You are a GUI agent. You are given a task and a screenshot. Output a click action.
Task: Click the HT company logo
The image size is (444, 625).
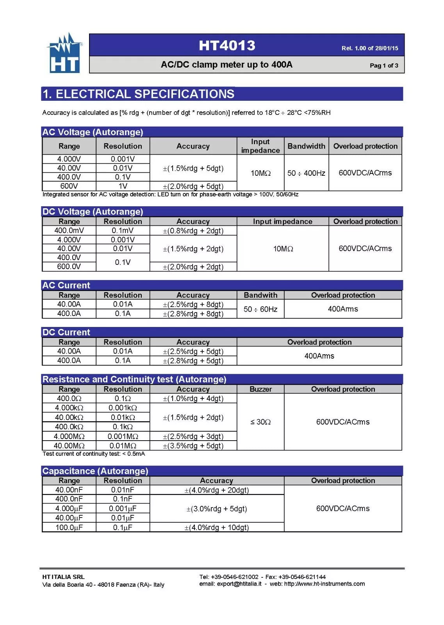click(x=65, y=54)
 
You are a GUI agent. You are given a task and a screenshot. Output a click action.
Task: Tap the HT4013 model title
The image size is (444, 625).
click(x=227, y=46)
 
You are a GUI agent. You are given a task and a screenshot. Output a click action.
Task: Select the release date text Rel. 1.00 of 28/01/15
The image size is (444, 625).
click(x=369, y=48)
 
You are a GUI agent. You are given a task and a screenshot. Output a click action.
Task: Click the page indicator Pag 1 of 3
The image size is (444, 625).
click(x=384, y=66)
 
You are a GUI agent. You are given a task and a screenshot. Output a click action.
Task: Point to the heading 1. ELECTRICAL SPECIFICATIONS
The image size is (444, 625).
click(x=139, y=94)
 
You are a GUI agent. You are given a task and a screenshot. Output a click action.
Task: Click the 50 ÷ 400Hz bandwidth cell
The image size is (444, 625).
click(x=306, y=173)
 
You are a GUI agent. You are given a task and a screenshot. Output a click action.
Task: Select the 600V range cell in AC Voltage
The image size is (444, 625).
click(x=69, y=186)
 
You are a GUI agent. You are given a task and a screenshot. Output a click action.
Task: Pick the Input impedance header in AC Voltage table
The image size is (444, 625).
click(x=260, y=146)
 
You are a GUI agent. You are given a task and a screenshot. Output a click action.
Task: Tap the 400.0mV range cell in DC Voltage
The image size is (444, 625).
click(x=69, y=230)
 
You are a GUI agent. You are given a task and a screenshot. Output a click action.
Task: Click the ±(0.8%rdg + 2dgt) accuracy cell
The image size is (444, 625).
click(x=193, y=231)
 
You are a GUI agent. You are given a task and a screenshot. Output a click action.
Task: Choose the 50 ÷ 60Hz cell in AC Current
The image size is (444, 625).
click(x=260, y=309)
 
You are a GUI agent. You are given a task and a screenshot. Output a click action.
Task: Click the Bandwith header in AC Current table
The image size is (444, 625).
click(x=260, y=295)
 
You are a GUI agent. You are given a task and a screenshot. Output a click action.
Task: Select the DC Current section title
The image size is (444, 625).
click(x=66, y=332)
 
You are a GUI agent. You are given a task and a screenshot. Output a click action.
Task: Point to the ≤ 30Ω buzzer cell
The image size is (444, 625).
click(x=260, y=422)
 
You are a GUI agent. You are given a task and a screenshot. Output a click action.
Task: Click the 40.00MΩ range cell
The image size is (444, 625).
click(x=69, y=446)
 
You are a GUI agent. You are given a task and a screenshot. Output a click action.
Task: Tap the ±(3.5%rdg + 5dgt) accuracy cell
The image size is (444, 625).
click(x=193, y=446)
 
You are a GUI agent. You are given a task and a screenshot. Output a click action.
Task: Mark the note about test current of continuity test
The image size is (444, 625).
click(x=94, y=454)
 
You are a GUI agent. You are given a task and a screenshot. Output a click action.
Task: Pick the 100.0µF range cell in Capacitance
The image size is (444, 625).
click(x=69, y=527)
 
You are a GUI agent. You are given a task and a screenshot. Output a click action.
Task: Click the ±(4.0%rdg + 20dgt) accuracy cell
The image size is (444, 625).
click(x=216, y=490)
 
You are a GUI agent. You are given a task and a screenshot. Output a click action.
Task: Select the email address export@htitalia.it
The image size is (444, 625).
click(x=239, y=584)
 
